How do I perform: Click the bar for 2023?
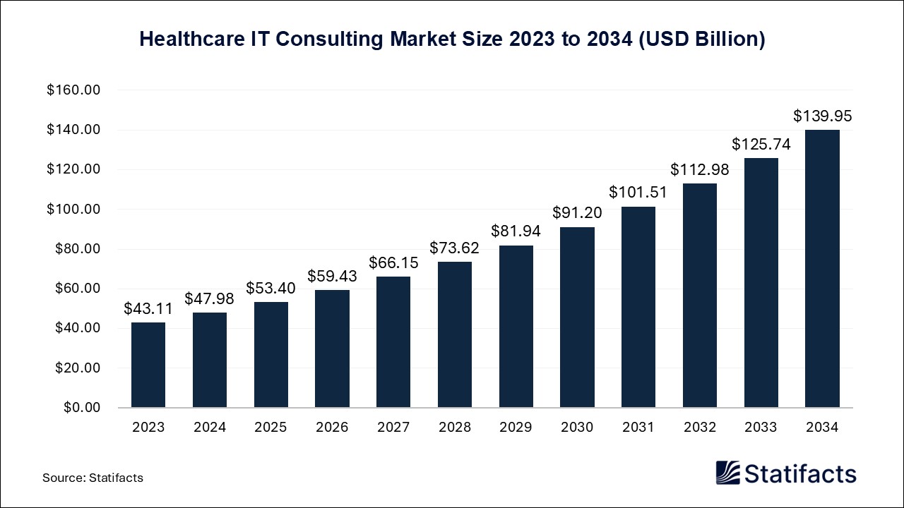[x=148, y=365]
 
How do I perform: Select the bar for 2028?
[x=455, y=334]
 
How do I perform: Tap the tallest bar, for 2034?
[x=822, y=268]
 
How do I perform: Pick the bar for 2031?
[x=638, y=307]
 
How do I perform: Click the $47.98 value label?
[x=209, y=298]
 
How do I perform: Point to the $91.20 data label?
[x=577, y=213]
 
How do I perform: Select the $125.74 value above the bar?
[x=761, y=144]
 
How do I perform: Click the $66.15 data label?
[x=393, y=262]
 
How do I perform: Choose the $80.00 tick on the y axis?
[x=78, y=249]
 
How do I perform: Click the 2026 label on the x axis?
[x=332, y=428]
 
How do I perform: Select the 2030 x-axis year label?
[x=577, y=428]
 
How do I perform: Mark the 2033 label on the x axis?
[x=761, y=428]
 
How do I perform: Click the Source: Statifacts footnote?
[x=93, y=478]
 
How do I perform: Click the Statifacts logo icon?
[x=727, y=473]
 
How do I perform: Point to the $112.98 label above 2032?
[x=700, y=169]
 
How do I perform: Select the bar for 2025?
[x=271, y=354]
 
